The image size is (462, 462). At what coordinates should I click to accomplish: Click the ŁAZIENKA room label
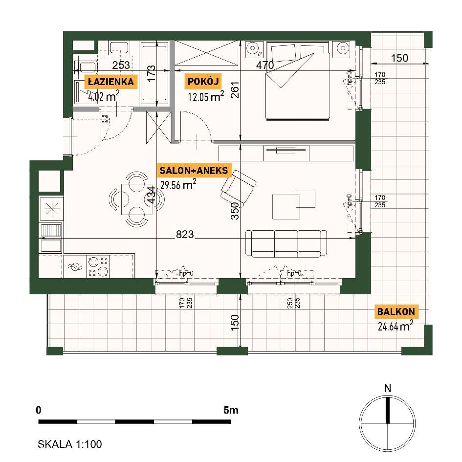tap(111, 82)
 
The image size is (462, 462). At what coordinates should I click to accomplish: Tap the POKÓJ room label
tap(203, 82)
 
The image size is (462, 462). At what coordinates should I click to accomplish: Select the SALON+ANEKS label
tap(194, 171)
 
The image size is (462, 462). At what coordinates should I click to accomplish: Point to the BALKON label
tap(396, 311)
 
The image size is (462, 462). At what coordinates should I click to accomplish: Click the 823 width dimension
tap(185, 234)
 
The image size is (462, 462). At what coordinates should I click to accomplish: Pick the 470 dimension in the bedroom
tap(265, 65)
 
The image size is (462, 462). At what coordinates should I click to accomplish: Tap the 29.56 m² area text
tap(178, 185)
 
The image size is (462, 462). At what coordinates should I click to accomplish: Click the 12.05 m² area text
tap(206, 96)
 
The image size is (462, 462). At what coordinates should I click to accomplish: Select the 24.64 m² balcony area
tap(396, 326)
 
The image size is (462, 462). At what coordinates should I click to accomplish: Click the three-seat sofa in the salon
tap(286, 243)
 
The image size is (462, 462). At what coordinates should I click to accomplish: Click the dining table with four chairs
tap(136, 199)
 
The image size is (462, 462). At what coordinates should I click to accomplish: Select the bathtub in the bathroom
tap(154, 73)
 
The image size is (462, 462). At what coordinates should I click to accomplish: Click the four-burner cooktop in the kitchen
tap(98, 266)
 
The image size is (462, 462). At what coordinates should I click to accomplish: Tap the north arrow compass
tap(388, 423)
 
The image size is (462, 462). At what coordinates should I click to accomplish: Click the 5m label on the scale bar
tap(231, 410)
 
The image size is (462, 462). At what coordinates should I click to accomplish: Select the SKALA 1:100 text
tap(70, 444)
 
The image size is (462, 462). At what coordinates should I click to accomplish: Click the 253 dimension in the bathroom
tap(121, 65)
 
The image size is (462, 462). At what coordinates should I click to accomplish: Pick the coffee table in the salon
tap(294, 205)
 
